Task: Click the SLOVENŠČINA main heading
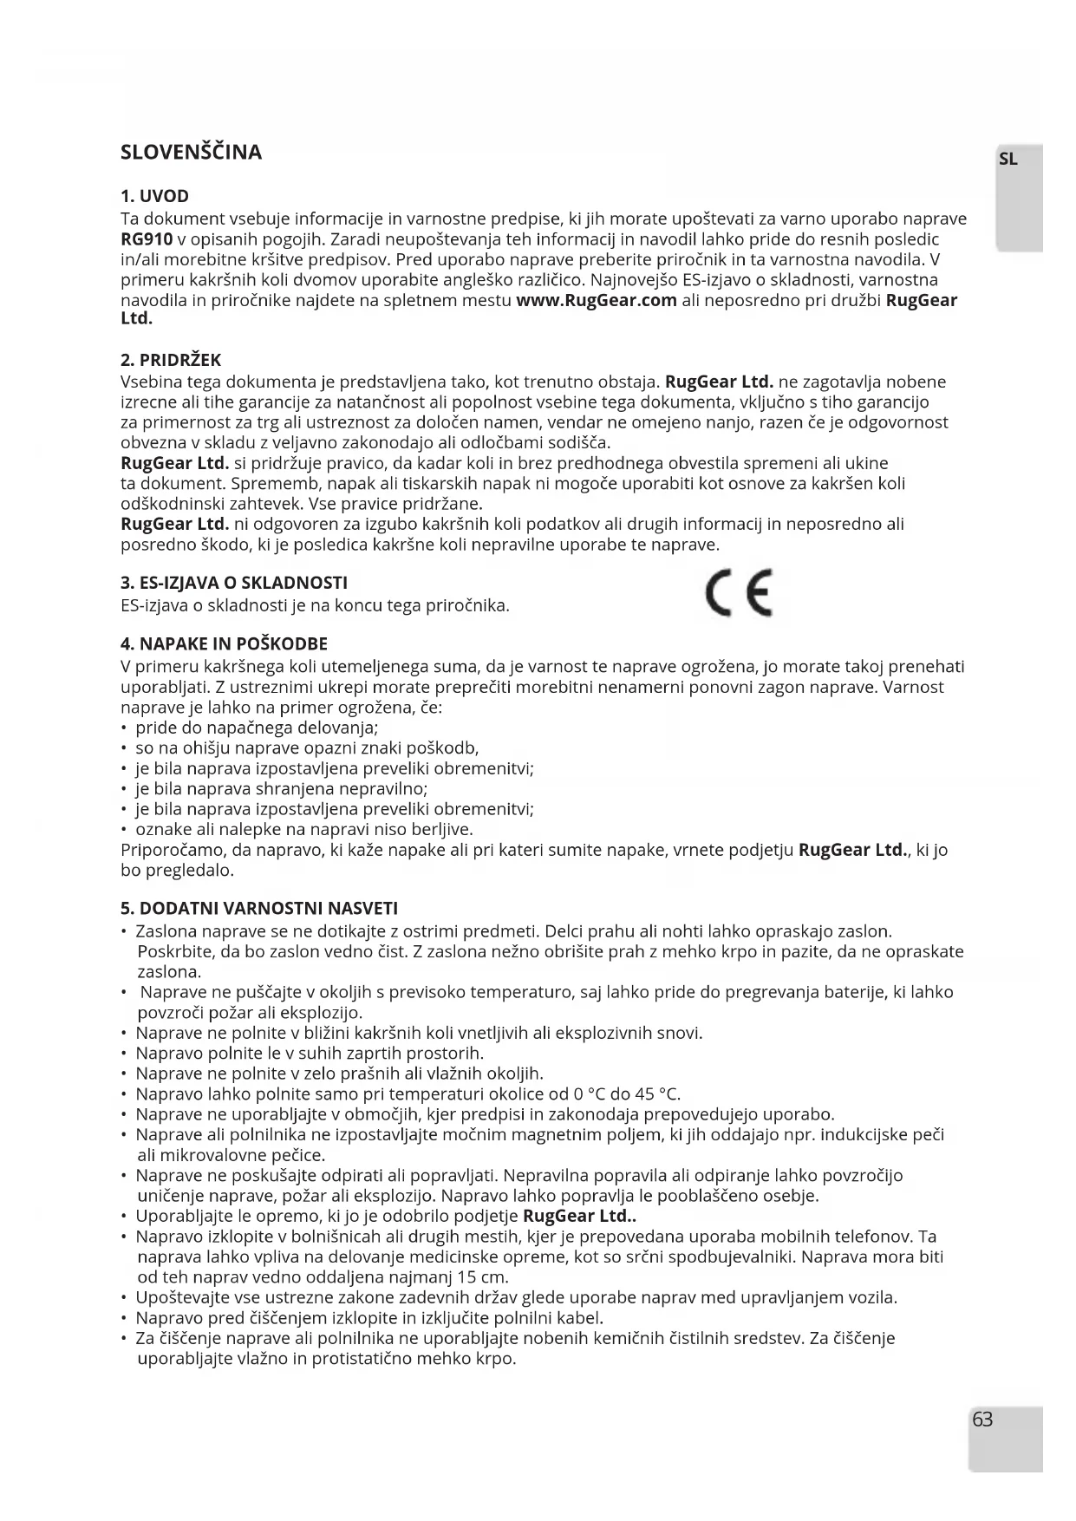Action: pos(191,153)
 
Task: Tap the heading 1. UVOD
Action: pos(154,196)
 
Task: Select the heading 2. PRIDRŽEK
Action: pos(171,360)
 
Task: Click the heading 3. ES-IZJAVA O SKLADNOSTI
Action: pos(233,583)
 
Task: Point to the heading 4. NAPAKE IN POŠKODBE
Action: pos(224,644)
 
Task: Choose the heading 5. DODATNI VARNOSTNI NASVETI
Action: pos(259,909)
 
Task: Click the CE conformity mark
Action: pos(739,594)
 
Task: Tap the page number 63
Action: pos(982,1420)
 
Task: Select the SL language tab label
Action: pos(1008,160)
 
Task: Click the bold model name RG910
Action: pos(147,239)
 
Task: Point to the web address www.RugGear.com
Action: pos(596,301)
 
